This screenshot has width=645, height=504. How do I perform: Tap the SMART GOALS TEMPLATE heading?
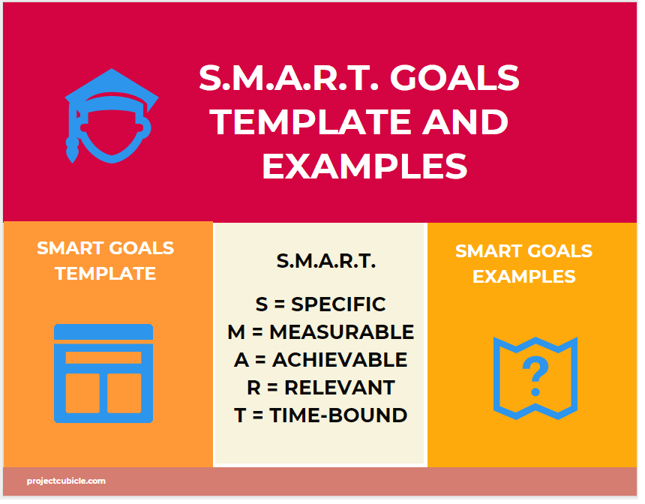pos(106,260)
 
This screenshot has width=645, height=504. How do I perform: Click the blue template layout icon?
pos(103,373)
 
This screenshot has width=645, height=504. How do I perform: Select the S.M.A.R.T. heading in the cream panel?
pos(326,261)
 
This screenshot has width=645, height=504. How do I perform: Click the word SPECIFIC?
pos(338,304)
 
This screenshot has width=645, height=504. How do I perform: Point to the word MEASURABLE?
pos(341,332)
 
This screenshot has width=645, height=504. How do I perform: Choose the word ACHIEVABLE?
pos(340,360)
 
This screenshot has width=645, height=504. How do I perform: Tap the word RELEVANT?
pos(339,388)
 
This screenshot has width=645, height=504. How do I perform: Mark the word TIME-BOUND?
pos(338,415)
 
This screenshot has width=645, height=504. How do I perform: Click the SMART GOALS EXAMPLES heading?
pos(523,263)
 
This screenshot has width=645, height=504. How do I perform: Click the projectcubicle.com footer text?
pos(66,481)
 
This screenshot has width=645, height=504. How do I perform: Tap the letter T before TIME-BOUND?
pos(240,415)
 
